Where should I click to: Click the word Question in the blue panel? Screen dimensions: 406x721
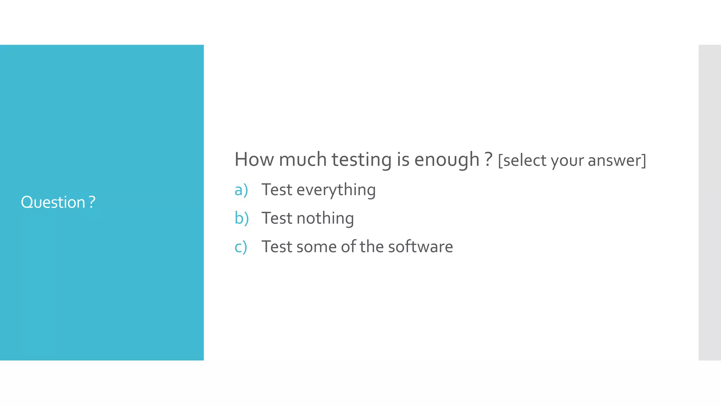pos(53,203)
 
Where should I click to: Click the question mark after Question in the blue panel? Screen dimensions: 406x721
pos(92,202)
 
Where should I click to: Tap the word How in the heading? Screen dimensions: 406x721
pos(254,159)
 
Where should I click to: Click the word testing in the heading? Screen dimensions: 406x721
pos(362,160)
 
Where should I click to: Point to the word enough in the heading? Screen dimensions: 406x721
pos(446,160)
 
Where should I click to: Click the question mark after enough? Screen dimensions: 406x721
pos(488,159)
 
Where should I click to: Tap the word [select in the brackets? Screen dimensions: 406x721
pos(522,161)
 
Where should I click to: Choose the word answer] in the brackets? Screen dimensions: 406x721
pos(617,161)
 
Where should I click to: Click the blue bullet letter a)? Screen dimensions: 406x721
pos(241,190)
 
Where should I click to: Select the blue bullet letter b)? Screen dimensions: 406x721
pos(242,218)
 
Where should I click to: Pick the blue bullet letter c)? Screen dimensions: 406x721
pos(241,247)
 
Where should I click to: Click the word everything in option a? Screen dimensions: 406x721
pos(336,190)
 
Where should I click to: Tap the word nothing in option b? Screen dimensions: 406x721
pos(325,219)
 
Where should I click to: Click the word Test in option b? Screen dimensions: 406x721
pos(277,218)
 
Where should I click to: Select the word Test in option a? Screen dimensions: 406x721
pos(277,190)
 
